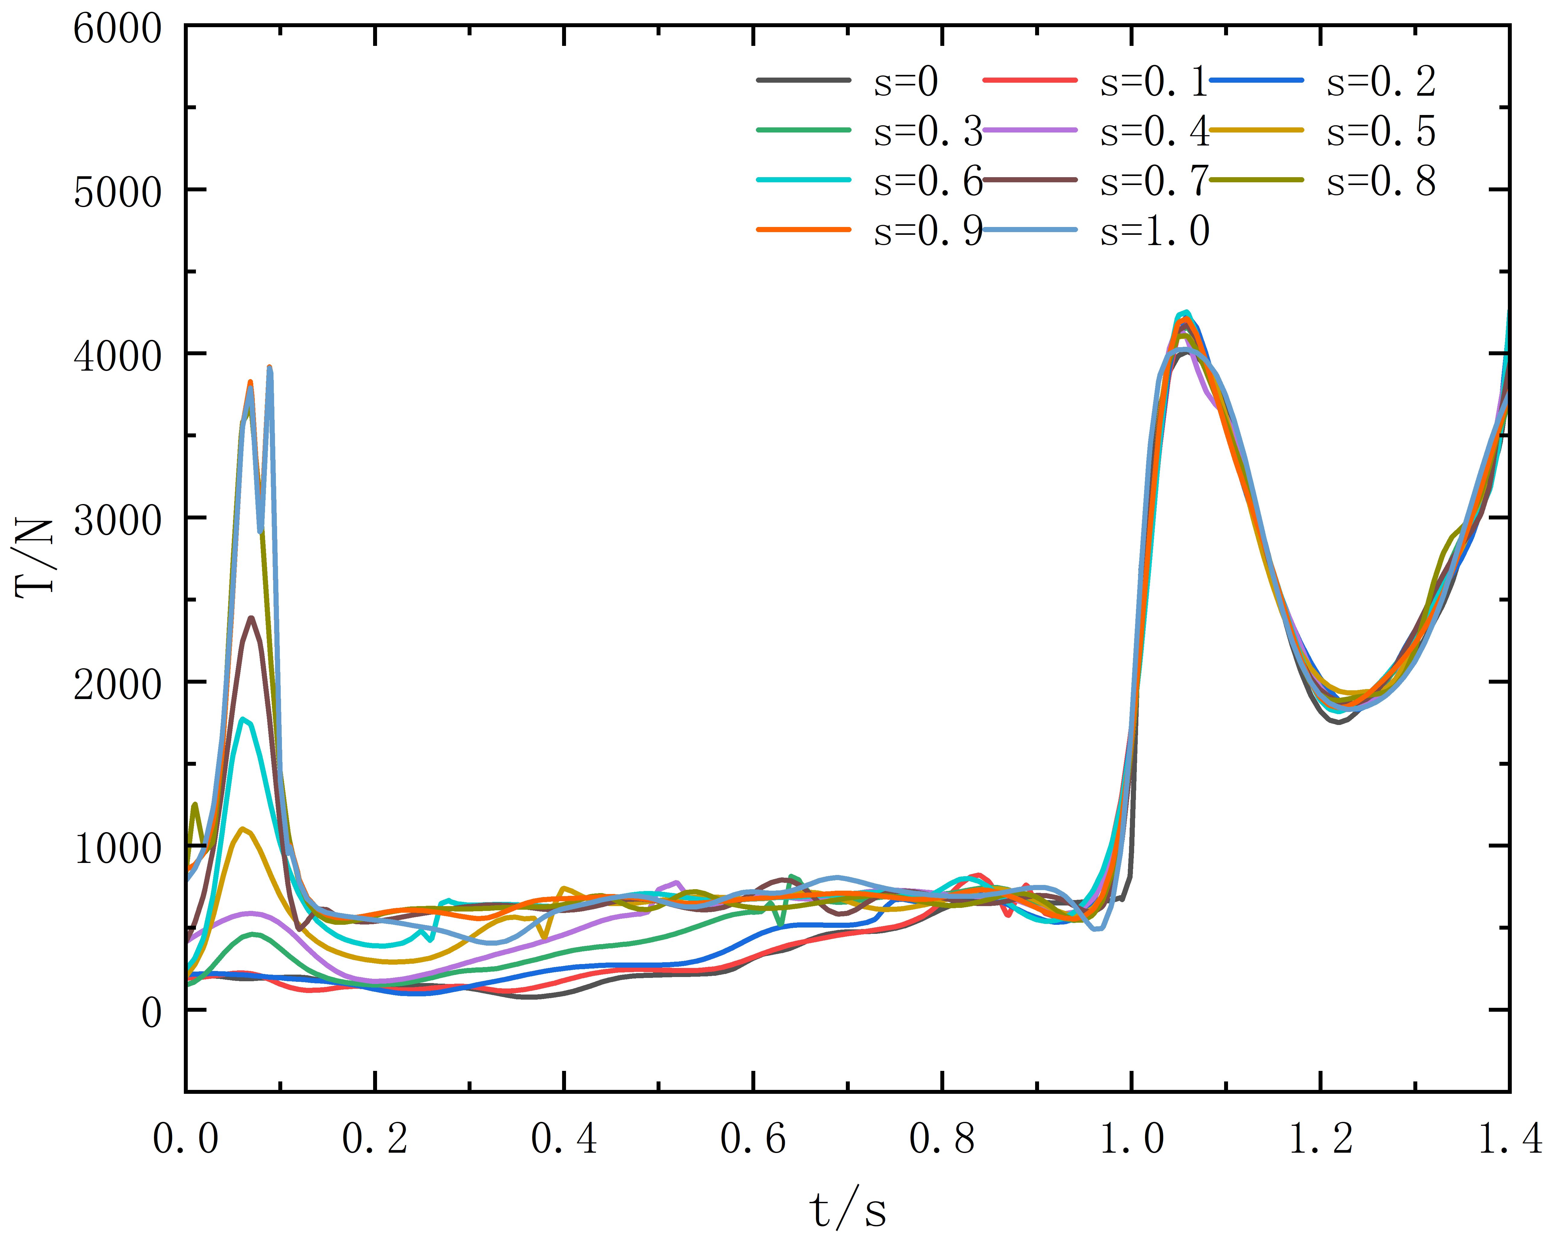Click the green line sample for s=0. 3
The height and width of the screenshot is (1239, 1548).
[804, 130]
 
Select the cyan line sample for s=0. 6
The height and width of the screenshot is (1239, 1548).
[804, 180]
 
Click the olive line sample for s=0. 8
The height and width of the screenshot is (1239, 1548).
[1256, 180]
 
